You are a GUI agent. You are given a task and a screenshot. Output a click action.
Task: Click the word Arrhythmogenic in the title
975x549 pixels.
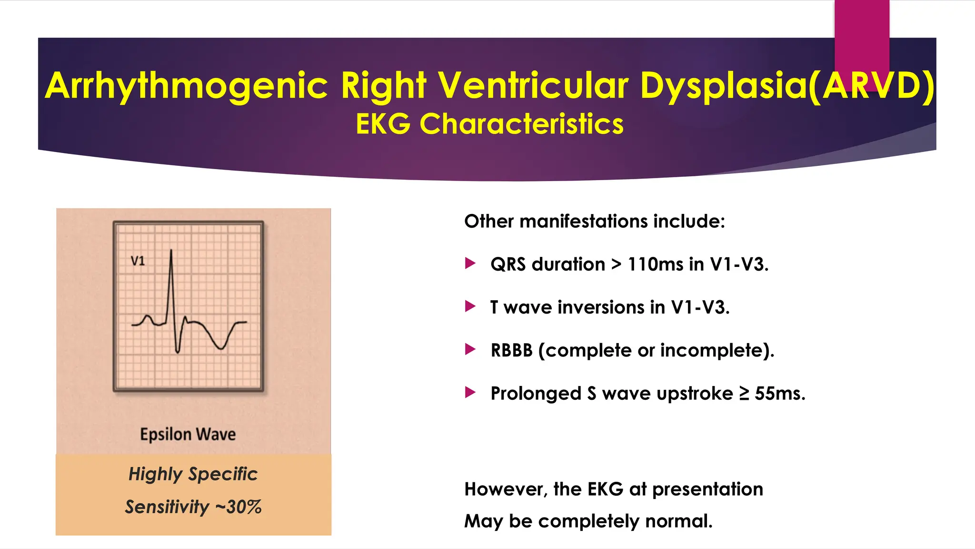pyautogui.click(x=187, y=86)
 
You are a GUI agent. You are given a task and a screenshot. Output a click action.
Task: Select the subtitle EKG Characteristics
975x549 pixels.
pyautogui.click(x=489, y=124)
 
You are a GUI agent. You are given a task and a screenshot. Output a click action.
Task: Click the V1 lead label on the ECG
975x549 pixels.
pyautogui.click(x=138, y=261)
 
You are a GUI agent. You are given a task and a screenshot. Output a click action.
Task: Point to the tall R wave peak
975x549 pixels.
pyautogui.click(x=171, y=251)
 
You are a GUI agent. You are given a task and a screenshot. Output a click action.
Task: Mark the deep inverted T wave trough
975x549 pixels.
pyautogui.click(x=221, y=348)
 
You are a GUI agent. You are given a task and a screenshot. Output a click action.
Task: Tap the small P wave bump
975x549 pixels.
pyautogui.click(x=148, y=316)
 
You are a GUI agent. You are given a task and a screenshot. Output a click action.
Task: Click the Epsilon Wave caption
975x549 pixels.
pyautogui.click(x=188, y=434)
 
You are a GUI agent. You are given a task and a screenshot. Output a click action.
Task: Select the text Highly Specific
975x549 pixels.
pyautogui.click(x=193, y=474)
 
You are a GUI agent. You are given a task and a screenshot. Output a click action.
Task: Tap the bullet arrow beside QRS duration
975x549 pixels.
pyautogui.click(x=470, y=263)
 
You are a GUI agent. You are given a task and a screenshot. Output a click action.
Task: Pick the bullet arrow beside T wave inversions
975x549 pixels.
pyautogui.click(x=470, y=306)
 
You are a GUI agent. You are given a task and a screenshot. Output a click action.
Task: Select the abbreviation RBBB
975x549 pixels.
pyautogui.click(x=511, y=350)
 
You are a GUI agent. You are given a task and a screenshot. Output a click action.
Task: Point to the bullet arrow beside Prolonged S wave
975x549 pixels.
pyautogui.click(x=470, y=392)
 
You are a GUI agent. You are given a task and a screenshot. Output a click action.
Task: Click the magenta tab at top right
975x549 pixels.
pyautogui.click(x=862, y=38)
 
